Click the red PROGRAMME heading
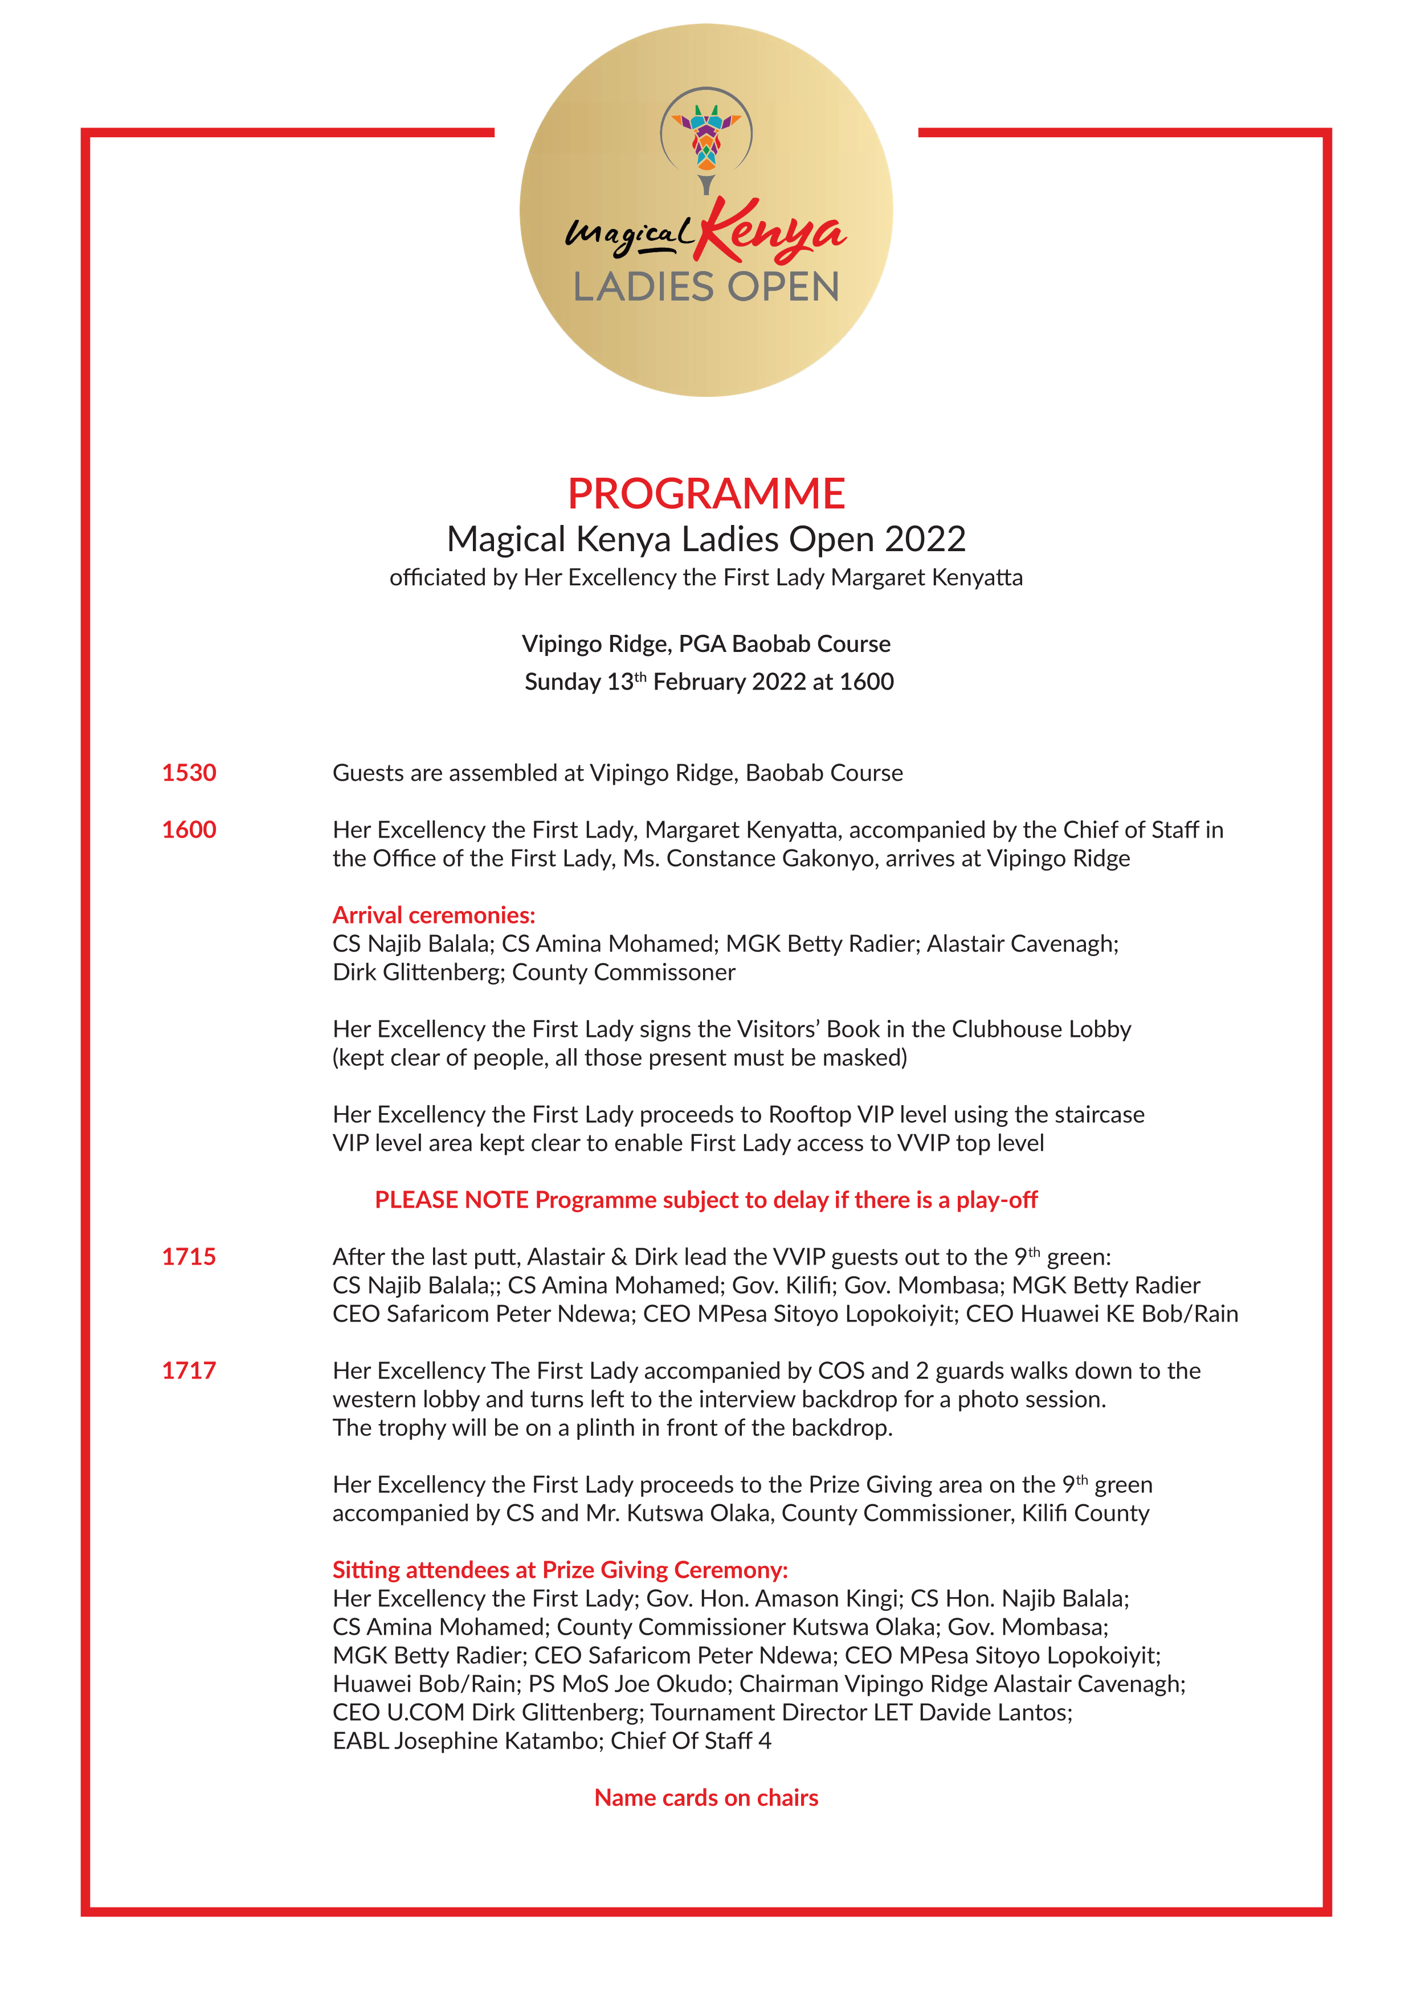pos(706,494)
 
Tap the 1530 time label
pos(189,773)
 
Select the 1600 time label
pos(189,829)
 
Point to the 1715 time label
pos(189,1257)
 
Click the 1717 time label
pos(189,1371)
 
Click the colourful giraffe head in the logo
pos(706,136)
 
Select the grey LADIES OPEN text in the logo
pos(706,287)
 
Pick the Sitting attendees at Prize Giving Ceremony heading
pos(560,1570)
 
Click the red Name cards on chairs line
pos(706,1798)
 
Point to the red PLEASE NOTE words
pos(452,1200)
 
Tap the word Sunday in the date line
pos(562,682)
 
